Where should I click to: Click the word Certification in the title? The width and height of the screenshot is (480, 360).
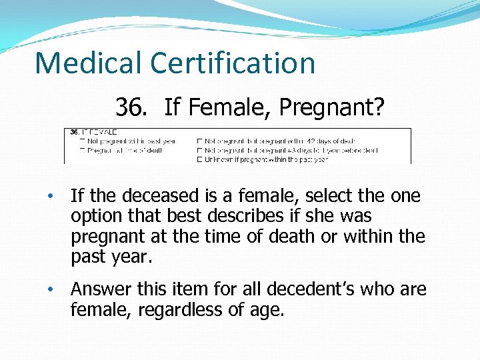pyautogui.click(x=233, y=63)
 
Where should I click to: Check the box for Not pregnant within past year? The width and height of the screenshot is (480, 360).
pyautogui.click(x=82, y=141)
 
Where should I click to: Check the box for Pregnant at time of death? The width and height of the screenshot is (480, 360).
pyautogui.click(x=82, y=150)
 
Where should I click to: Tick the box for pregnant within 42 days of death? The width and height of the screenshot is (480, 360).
pyautogui.click(x=199, y=141)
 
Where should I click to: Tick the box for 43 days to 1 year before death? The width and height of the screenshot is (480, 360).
pyautogui.click(x=199, y=150)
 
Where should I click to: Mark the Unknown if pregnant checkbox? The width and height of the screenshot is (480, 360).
pyautogui.click(x=199, y=159)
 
